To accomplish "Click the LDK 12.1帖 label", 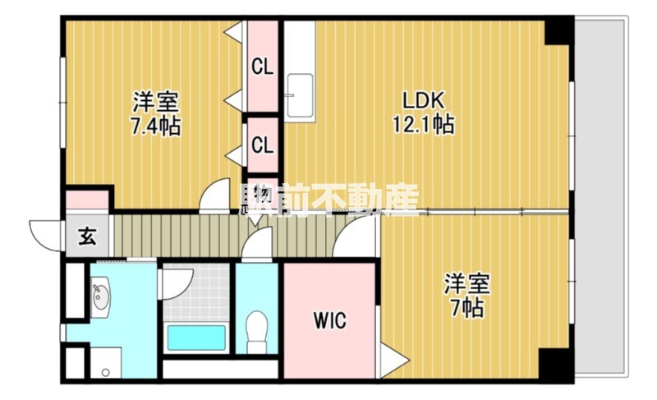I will (423, 113).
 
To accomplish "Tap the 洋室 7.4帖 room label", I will (156, 115).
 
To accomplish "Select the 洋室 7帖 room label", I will (467, 297).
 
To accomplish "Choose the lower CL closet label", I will (263, 145).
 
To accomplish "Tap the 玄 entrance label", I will (85, 238).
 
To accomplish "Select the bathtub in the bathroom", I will (196, 338).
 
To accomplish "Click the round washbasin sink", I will (101, 298).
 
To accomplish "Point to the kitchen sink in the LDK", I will (300, 90).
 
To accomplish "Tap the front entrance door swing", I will (45, 233).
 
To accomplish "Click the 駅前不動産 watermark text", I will (328, 200).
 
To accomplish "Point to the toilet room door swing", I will (258, 244).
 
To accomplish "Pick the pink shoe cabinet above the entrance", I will (87, 200).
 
